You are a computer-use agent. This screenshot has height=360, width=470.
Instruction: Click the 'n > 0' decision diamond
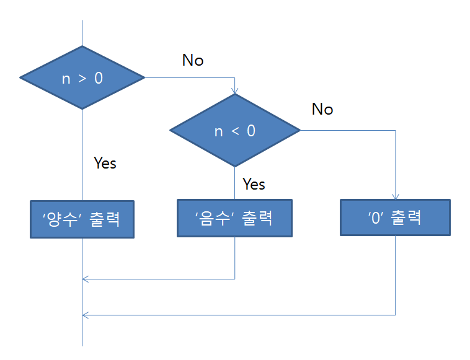[x=82, y=78]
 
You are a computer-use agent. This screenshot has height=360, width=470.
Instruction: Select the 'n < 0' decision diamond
[x=235, y=131]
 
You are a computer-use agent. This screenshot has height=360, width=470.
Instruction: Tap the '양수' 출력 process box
[x=82, y=219]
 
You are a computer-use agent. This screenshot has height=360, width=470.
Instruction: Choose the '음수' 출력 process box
[x=234, y=218]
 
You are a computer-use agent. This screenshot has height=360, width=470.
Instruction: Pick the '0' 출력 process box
[x=395, y=217]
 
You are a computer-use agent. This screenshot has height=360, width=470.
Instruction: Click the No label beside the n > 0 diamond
[x=193, y=60]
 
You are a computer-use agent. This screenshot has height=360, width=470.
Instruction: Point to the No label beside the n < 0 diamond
[x=322, y=110]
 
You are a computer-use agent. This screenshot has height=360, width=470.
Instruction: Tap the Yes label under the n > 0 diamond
[x=105, y=163]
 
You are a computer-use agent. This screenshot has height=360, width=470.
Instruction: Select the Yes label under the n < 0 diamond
[x=254, y=184]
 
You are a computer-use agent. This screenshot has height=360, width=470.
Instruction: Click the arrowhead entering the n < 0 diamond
[x=235, y=92]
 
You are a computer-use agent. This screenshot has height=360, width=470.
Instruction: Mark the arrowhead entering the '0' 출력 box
[x=395, y=195]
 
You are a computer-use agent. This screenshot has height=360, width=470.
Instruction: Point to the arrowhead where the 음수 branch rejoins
[x=86, y=279]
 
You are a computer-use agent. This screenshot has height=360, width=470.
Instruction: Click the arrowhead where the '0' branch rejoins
[x=86, y=315]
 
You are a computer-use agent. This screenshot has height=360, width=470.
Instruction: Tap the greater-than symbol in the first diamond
[x=82, y=79]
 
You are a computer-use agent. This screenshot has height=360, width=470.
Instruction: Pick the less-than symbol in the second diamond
[x=234, y=131]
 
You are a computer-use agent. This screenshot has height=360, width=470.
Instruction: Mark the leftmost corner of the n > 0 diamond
[x=21, y=78]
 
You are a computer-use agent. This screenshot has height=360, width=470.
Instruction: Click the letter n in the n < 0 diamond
[x=218, y=132]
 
